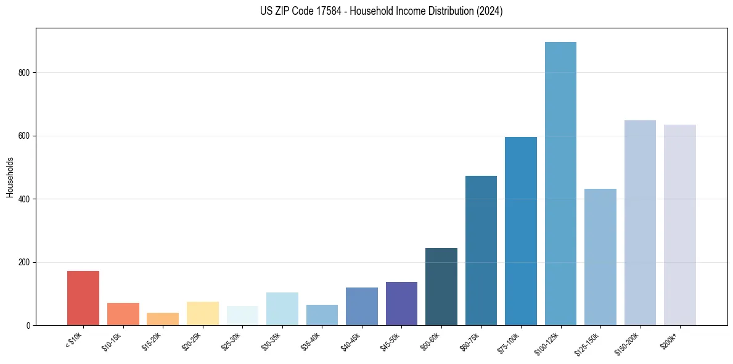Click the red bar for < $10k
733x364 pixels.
pos(83,298)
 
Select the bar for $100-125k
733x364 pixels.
pos(560,184)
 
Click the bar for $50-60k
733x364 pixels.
pos(441,287)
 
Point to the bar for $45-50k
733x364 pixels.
pos(401,304)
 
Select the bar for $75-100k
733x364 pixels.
pos(521,231)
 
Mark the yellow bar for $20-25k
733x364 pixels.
pos(203,313)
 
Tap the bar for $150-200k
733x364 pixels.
pos(640,223)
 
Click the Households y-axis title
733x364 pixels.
pos(10,177)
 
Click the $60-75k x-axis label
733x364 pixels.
pos(472,341)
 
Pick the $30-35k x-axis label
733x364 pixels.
pos(273,341)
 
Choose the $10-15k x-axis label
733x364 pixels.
pos(114,341)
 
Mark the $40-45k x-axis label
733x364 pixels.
pos(353,341)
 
